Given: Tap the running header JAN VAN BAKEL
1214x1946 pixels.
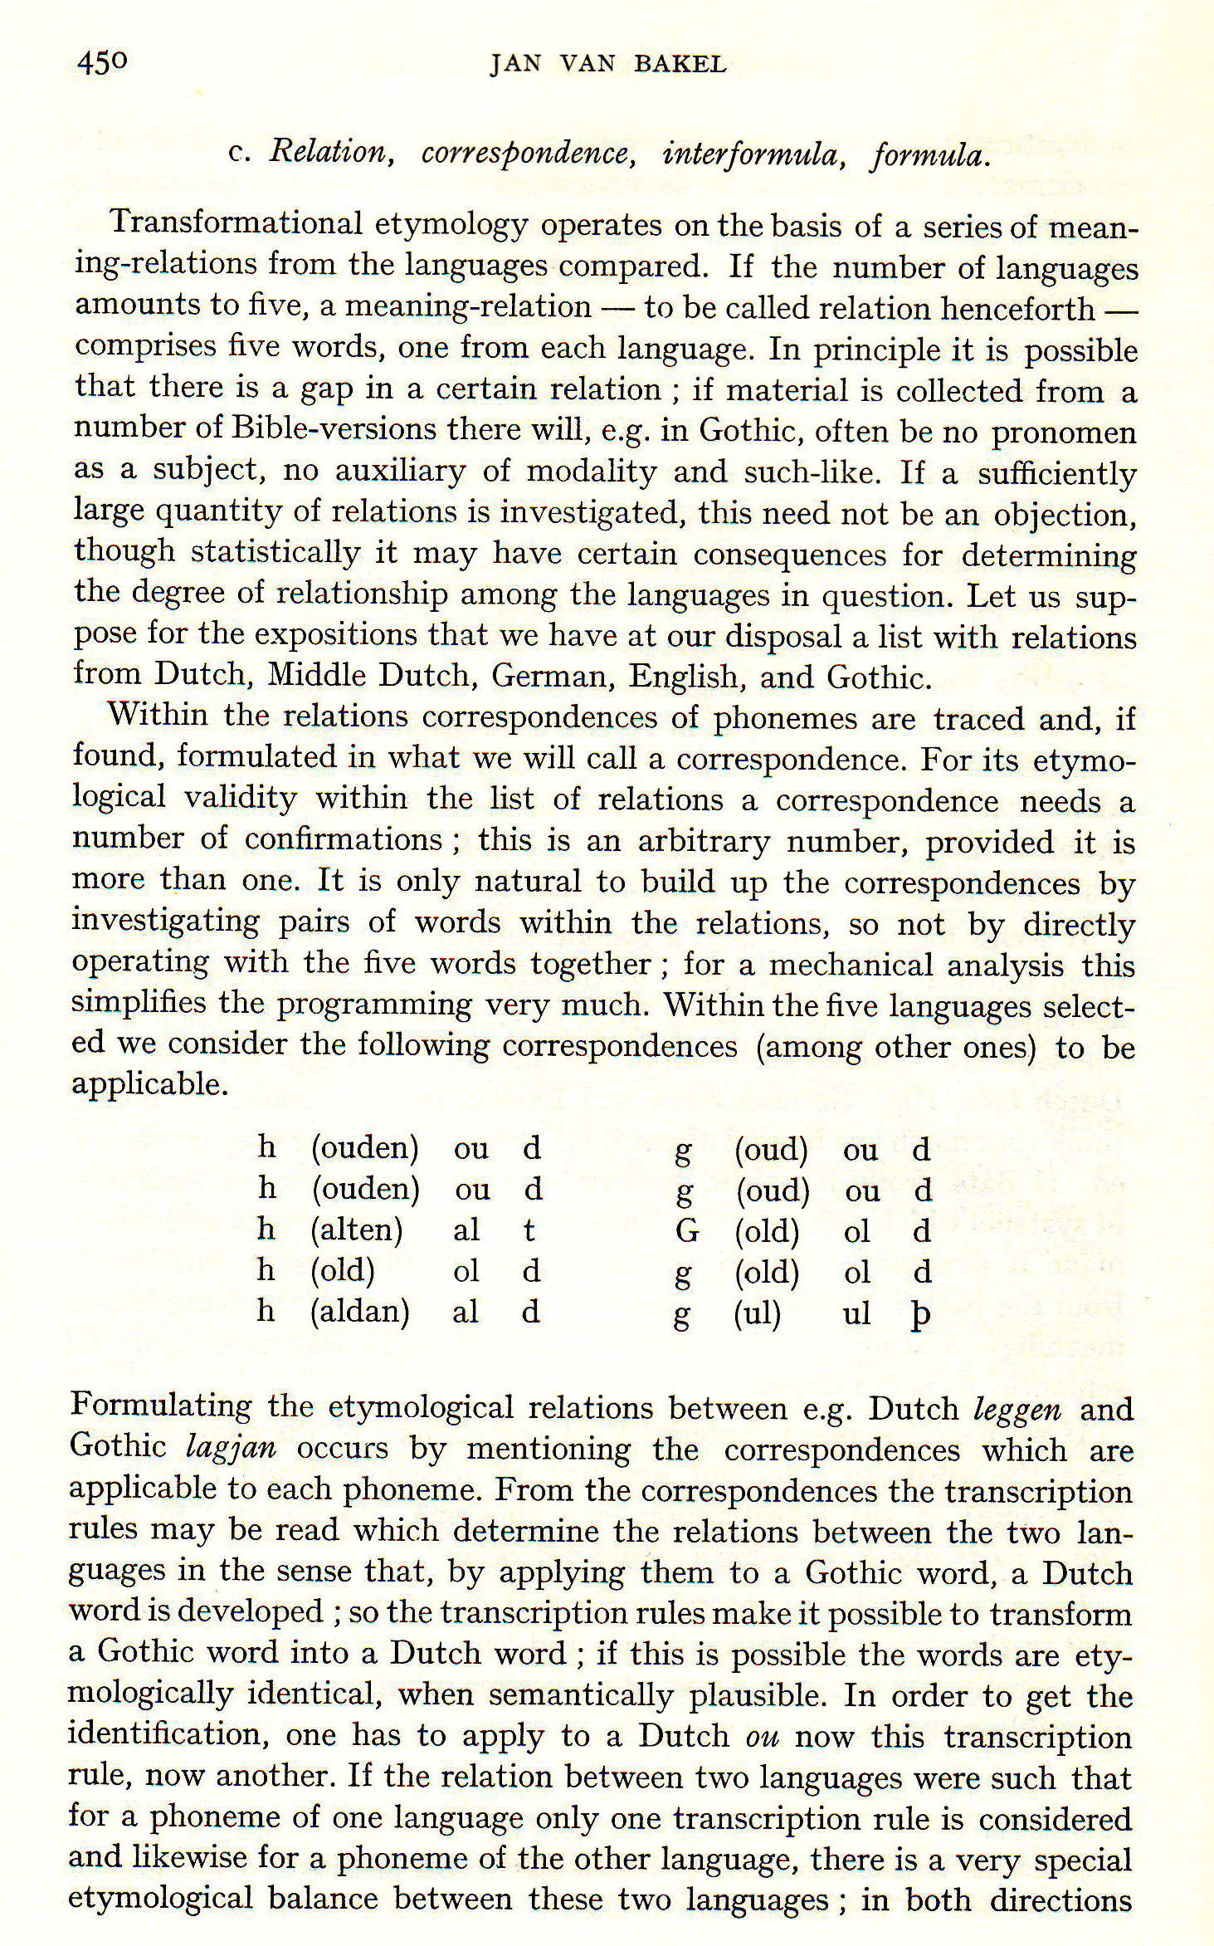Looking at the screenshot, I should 607,65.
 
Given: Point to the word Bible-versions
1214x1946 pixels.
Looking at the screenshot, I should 334,428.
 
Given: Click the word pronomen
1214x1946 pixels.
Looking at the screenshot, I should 1064,432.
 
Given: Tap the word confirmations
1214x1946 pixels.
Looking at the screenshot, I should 344,839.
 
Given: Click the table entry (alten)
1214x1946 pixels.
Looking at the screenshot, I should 356,1230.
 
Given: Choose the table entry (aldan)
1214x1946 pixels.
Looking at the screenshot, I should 359,1311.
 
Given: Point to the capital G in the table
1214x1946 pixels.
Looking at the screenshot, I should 686,1230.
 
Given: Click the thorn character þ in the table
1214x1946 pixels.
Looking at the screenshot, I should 919,1315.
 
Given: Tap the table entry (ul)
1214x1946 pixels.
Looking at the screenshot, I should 757,1313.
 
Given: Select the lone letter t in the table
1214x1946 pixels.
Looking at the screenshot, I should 529,1230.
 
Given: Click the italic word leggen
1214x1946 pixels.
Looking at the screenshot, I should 1017,1410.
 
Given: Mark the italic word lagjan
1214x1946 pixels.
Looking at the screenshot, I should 231,1448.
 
